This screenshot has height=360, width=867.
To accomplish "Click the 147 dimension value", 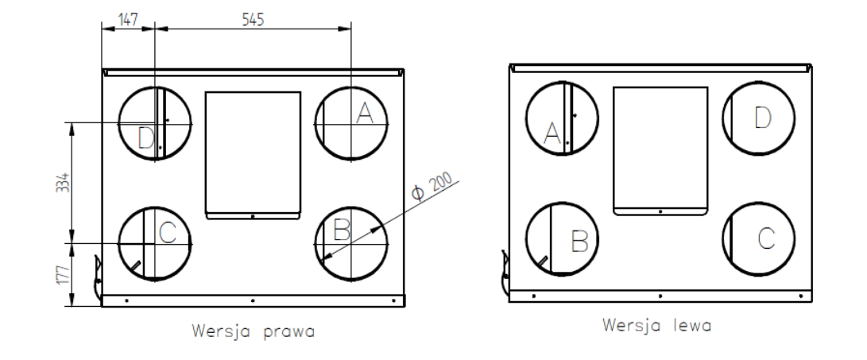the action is pos(128,19).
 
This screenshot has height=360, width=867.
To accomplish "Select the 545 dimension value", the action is pos(254,19).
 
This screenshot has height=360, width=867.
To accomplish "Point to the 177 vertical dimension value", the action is pos(64,275).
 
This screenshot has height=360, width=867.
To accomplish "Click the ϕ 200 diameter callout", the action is pos(432,187).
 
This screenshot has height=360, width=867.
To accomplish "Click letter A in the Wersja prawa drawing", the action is pos(365,114).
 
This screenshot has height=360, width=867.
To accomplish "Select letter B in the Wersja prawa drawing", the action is pos(342,230).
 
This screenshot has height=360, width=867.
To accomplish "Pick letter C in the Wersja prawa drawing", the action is pos(167,233).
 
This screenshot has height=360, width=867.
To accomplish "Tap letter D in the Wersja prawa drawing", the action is pos(145,138).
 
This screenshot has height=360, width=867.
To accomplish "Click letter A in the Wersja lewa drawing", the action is pos(552,134).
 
